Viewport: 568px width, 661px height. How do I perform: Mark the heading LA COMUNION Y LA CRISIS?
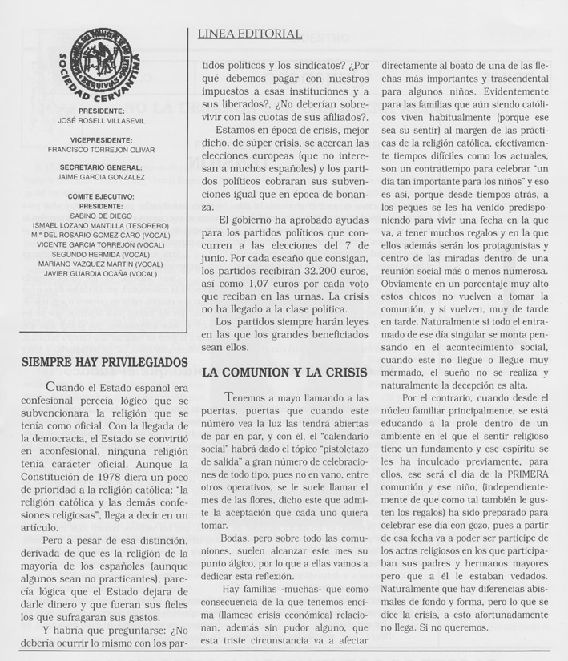pos(284,373)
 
